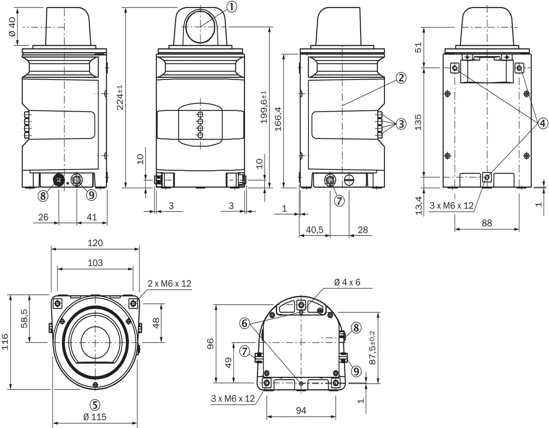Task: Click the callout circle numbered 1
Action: pyautogui.click(x=231, y=6)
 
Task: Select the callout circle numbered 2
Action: pyautogui.click(x=401, y=78)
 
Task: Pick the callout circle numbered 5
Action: pyautogui.click(x=95, y=404)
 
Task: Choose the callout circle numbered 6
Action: pyautogui.click(x=244, y=323)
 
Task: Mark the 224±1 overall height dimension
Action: pyautogui.click(x=121, y=97)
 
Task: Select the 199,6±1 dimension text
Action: pyautogui.click(x=264, y=107)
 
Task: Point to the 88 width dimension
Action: pyautogui.click(x=487, y=223)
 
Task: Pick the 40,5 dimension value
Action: pyautogui.click(x=314, y=230)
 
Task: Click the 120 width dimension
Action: pyautogui.click(x=95, y=243)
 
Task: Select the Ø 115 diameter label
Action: pyautogui.click(x=95, y=417)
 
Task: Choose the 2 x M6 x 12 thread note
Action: pyautogui.click(x=169, y=284)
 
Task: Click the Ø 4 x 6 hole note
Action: pyautogui.click(x=347, y=282)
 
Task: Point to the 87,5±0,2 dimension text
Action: pyautogui.click(x=372, y=348)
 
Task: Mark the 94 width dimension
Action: pyautogui.click(x=301, y=411)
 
